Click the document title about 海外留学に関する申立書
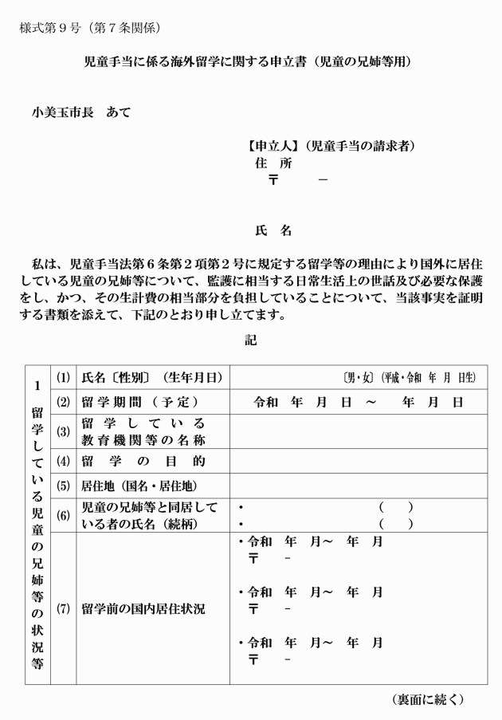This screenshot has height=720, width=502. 250,61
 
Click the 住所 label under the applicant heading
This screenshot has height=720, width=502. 273,163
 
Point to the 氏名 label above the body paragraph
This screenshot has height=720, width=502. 273,231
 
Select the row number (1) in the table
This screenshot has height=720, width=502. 63,378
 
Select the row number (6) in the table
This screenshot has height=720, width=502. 63,515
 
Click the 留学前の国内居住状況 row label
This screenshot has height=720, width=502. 143,609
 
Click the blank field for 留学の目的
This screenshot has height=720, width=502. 359,461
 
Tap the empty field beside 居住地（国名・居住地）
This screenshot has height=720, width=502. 359,485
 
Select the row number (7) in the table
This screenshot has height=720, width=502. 63,609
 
